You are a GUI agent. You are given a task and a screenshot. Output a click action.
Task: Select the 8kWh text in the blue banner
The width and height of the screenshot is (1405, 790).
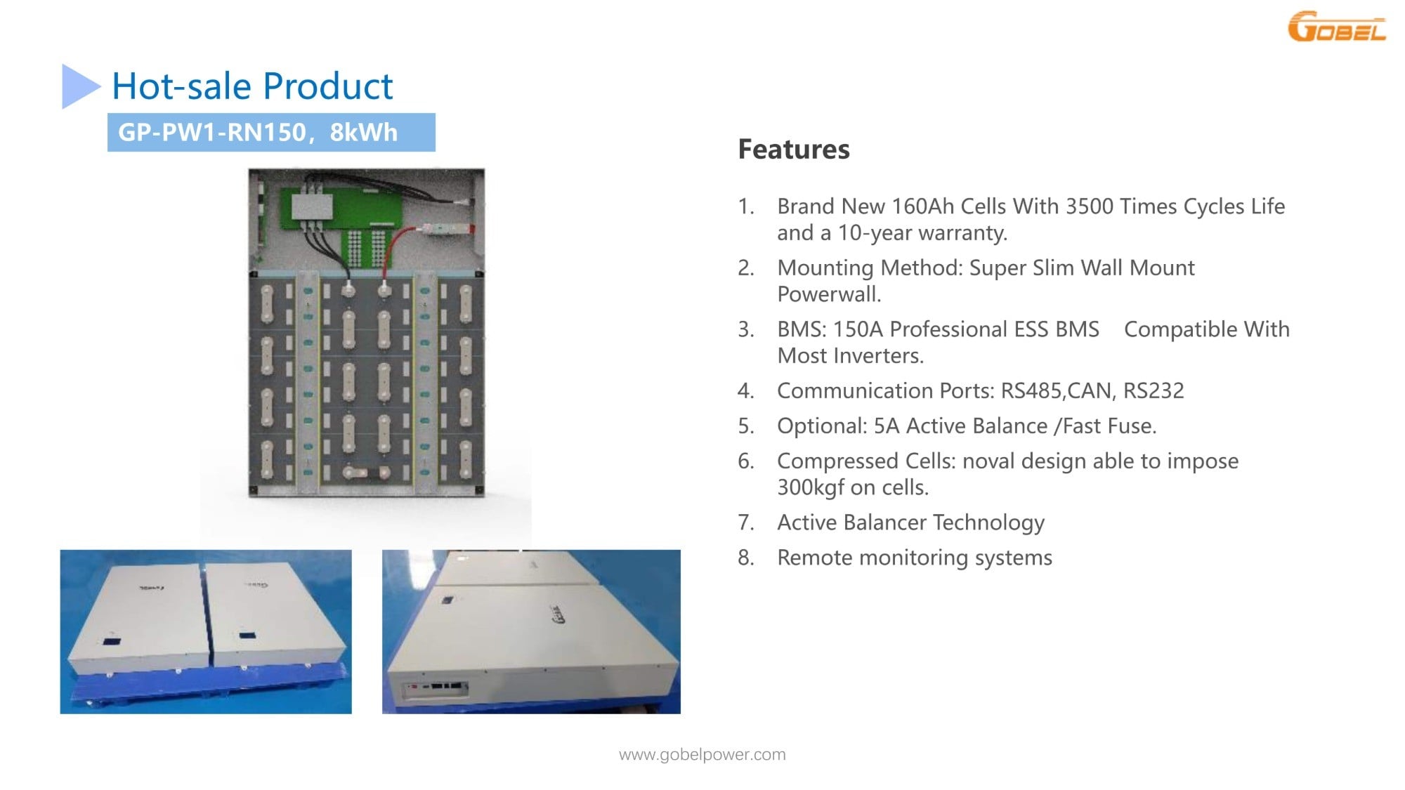(363, 132)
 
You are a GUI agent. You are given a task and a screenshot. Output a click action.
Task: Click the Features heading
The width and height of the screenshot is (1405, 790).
(794, 150)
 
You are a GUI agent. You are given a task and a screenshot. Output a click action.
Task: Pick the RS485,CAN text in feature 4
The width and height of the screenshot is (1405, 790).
(1058, 390)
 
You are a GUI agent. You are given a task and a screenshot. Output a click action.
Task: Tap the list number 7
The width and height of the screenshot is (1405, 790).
(746, 522)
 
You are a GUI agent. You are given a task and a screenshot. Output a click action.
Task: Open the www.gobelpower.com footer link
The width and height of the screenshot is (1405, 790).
(702, 755)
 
